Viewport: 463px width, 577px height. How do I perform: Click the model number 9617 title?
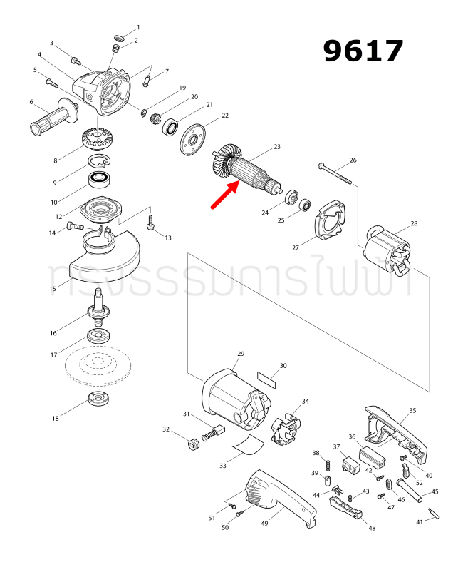pos(363,51)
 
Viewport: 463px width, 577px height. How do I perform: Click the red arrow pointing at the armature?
pos(224,196)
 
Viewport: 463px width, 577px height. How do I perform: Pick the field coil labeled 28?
pos(388,253)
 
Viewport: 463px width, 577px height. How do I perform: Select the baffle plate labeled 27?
pos(328,221)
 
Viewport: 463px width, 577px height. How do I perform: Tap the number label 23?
pos(276,148)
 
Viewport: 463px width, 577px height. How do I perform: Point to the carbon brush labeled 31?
pos(214,432)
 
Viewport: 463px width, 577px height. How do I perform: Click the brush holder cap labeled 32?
pos(190,446)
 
